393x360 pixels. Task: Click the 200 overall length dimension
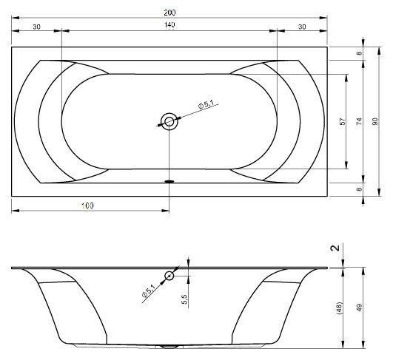[x=169, y=13]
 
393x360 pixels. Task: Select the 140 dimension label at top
[x=169, y=25]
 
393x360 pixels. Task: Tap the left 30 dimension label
[x=36, y=27]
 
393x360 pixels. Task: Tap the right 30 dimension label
[x=302, y=27]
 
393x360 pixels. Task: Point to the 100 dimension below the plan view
[x=87, y=206]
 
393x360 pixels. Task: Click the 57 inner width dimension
[x=343, y=121]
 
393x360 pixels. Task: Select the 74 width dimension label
[x=359, y=121]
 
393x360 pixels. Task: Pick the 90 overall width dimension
[x=375, y=121]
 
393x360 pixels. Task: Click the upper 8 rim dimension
[x=360, y=53]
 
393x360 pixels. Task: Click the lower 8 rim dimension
[x=360, y=189]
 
